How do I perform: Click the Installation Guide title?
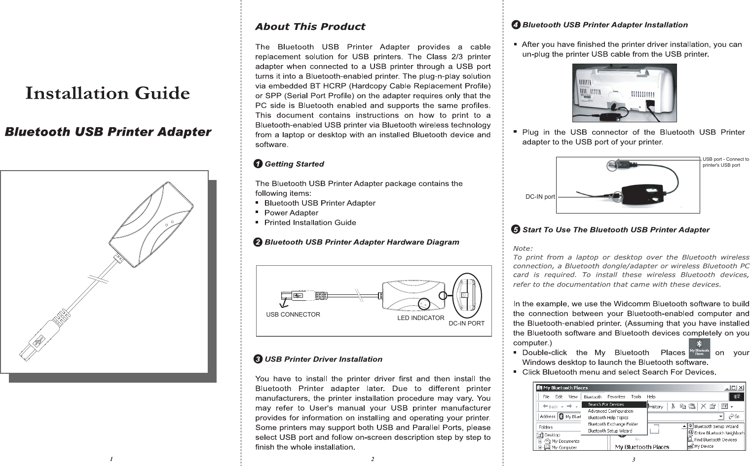coord(108,93)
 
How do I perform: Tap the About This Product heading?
coord(310,27)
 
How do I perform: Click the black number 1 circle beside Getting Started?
coord(258,164)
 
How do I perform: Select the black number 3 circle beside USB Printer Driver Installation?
coord(258,359)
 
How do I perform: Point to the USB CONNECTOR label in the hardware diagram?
coord(293,315)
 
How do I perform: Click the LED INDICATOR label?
coord(421,318)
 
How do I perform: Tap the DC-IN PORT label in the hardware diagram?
coord(466,323)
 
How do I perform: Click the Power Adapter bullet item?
coord(291,213)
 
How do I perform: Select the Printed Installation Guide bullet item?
coord(310,222)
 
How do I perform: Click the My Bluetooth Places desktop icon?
coord(699,348)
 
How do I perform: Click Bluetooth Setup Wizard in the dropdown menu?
coord(610,430)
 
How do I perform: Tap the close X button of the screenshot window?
coord(741,388)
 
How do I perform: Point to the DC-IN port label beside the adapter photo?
coord(540,197)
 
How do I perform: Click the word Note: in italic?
coord(523,248)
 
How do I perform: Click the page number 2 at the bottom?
coord(373,459)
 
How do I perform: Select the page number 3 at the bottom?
coord(633,459)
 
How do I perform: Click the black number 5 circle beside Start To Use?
coord(516,230)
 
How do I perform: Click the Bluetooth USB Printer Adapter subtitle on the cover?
coord(108,132)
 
